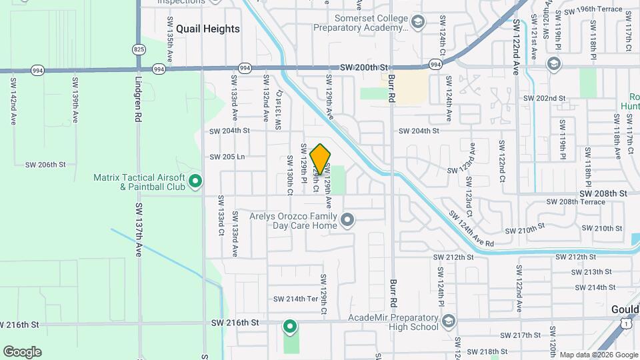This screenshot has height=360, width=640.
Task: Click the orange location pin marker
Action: (x=321, y=159)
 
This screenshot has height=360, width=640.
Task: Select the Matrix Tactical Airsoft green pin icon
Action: (x=195, y=180)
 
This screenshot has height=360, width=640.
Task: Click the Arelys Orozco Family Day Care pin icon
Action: (x=347, y=219)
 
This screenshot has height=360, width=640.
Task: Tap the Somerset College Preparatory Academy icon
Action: (x=417, y=23)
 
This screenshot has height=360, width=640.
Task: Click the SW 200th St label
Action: (x=363, y=67)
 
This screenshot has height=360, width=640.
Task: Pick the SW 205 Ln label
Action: (x=228, y=157)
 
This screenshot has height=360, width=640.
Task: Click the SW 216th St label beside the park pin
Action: (x=235, y=322)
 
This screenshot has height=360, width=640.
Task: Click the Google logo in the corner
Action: (x=22, y=351)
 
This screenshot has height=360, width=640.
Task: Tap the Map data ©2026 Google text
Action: (x=597, y=355)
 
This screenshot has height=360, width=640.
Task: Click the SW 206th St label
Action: (x=45, y=164)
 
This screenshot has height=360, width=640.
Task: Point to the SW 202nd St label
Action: (x=544, y=98)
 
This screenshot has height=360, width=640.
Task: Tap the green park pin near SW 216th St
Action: (x=289, y=326)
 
